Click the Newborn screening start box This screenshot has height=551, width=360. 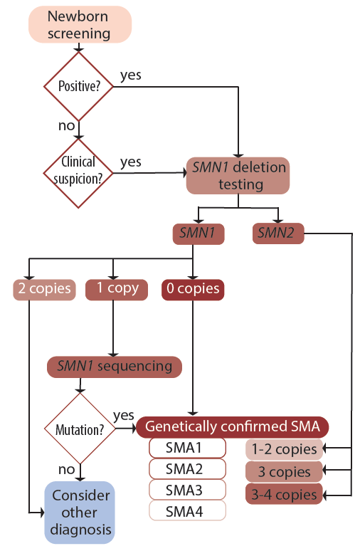coord(80,24)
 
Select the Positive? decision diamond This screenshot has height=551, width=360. coord(80,86)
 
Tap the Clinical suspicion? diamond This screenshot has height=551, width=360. coord(80,172)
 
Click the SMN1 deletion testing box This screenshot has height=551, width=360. coord(238,176)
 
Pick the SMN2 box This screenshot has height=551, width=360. coord(279,233)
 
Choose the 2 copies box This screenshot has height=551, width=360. coord(44,289)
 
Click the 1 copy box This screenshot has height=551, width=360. coord(117,289)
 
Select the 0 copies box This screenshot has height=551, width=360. coord(192,289)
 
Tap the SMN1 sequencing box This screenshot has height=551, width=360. coord(114,367)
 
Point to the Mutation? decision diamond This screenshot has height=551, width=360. coord(80,429)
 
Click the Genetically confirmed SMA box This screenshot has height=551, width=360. coord(232,427)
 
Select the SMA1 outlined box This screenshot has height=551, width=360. coord(187,448)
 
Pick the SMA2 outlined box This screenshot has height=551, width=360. coord(187,469)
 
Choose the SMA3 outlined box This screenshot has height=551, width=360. coord(187,490)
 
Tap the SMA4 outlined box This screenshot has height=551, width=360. coord(187,510)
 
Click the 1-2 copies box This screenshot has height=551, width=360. coord(282,450)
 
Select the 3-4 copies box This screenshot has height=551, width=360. coord(282,494)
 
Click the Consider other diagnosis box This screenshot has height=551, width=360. coord(80,512)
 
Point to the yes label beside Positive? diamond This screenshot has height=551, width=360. coord(130,75)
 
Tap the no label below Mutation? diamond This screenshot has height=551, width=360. coord(67,470)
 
